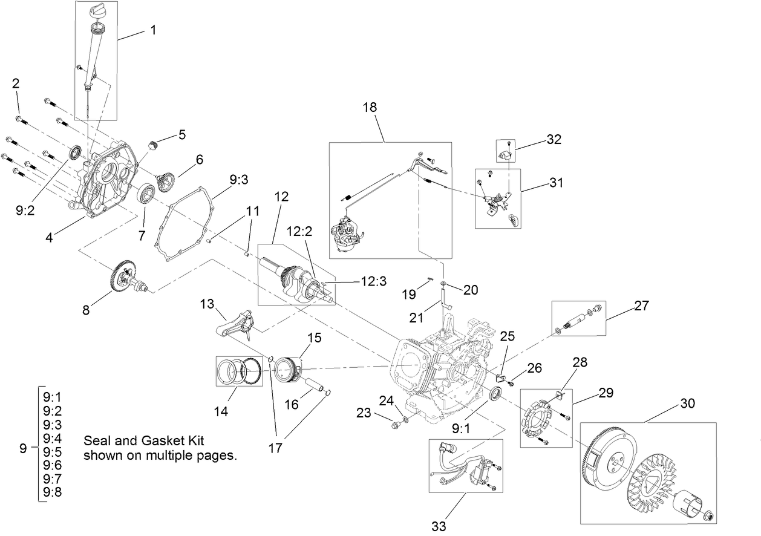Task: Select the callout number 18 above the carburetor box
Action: (x=369, y=107)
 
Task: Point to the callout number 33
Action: (x=439, y=526)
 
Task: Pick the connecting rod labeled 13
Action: (x=236, y=325)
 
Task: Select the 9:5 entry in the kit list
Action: (x=53, y=451)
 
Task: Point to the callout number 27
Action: (x=641, y=306)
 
